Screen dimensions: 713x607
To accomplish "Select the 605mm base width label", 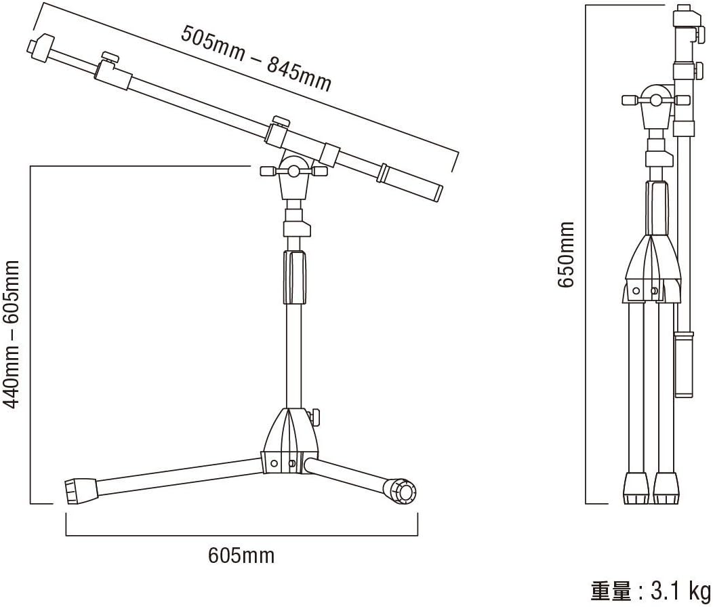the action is pos(241,555).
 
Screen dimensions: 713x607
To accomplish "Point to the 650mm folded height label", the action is pos(566,254).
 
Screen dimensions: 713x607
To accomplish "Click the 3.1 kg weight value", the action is pos(680,591).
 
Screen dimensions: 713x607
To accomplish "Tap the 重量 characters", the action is pos(611,591).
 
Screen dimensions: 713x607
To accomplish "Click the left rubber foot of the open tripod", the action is pos(81,491).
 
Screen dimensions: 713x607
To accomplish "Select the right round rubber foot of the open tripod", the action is pos(400,492).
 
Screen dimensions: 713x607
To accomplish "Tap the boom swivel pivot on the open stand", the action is pos(294,171).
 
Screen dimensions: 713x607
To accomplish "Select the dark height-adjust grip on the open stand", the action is pos(295,277).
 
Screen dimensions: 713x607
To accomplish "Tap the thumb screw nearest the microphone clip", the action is pos(110,58).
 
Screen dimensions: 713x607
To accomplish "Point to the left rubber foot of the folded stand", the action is pos(636,488).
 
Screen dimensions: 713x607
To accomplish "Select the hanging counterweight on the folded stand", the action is pos(684,364).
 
